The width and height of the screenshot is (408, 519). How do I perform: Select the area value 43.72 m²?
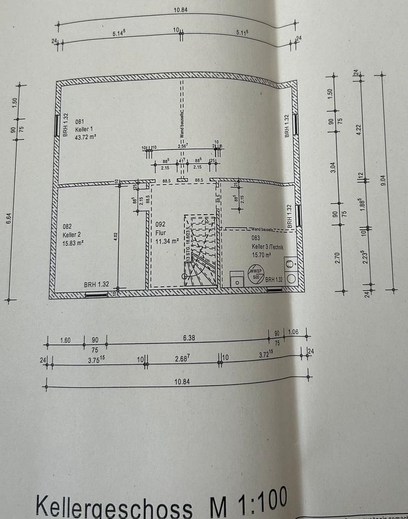point(85,137)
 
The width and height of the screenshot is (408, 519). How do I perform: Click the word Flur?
point(160,234)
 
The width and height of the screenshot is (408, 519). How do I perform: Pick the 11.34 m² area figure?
point(167,241)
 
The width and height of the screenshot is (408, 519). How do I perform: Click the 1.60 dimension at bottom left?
point(65,341)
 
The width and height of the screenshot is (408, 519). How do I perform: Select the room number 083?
point(256,238)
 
